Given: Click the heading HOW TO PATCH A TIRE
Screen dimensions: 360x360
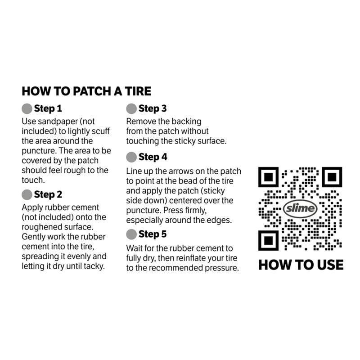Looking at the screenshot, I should tap(86, 91).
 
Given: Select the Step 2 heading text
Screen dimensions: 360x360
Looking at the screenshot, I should tap(48, 195).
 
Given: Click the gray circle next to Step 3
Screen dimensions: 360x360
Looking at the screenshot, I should tap(131, 108).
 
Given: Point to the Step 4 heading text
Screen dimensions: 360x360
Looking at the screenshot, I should tap(153, 157).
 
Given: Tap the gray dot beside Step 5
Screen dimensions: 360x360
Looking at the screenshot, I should tap(131, 234).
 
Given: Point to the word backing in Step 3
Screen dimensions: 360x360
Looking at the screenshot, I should tap(186, 121).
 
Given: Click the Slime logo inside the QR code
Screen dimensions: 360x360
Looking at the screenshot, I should tap(301, 208).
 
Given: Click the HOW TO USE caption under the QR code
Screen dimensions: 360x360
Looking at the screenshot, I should tap(301, 265).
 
